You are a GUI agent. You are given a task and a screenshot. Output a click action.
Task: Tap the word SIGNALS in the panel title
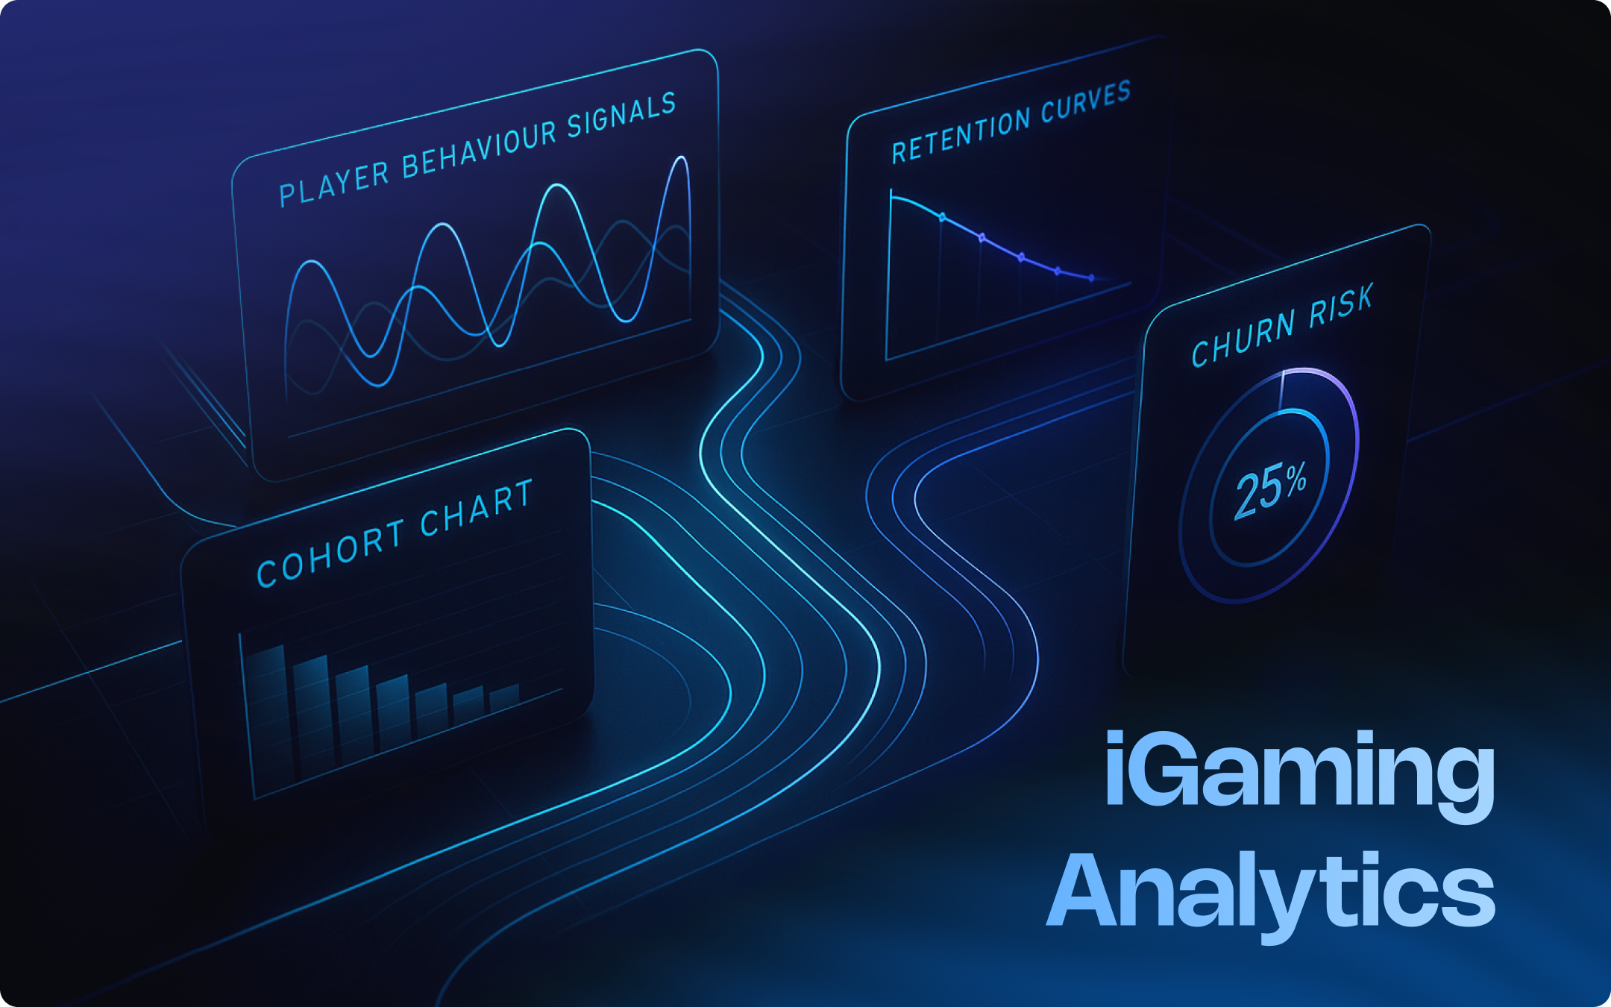click(x=621, y=117)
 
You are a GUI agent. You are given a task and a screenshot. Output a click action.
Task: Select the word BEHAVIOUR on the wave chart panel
click(x=479, y=150)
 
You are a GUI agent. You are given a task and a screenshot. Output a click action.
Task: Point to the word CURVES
click(x=1085, y=102)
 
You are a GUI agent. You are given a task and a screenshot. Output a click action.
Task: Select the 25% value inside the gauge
click(x=1270, y=488)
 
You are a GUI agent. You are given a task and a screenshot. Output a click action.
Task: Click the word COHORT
click(x=330, y=551)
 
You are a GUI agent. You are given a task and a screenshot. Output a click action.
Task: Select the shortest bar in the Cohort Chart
click(x=505, y=697)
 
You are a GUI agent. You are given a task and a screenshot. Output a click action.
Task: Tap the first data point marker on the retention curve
click(x=942, y=217)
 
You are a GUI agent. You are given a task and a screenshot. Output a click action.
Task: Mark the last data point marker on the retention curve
click(x=1091, y=278)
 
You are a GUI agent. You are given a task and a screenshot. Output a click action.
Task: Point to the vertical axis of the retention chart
click(x=889, y=276)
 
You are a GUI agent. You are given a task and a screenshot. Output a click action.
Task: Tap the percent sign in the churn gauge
click(x=1296, y=478)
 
